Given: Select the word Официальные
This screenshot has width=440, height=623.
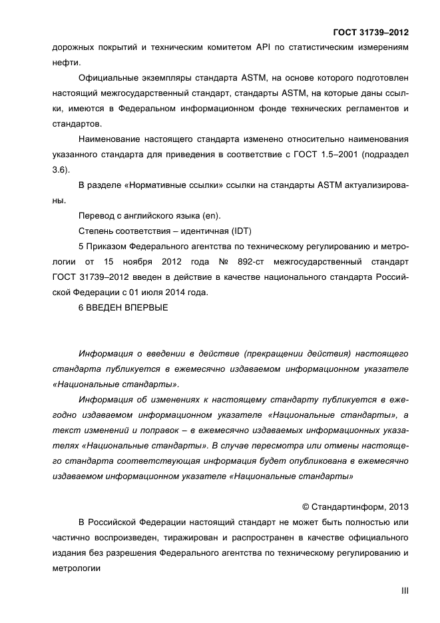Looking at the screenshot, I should click(109, 78).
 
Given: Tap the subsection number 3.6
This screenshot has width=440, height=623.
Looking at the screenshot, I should click(59, 169).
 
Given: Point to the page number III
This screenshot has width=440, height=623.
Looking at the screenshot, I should click(403, 590).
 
